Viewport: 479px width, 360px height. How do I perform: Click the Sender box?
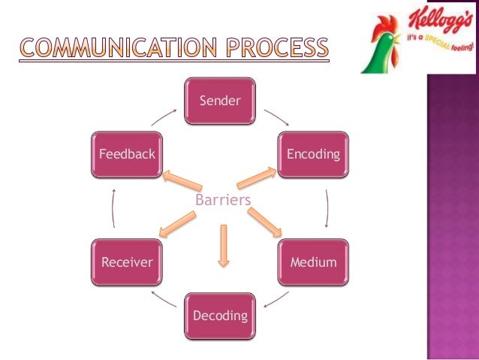[x=219, y=100]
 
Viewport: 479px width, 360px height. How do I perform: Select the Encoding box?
[x=313, y=155]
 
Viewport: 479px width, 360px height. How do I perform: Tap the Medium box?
[x=313, y=262]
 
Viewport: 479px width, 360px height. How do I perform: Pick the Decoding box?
[x=219, y=316]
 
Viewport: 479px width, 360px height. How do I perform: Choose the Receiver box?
[x=126, y=262]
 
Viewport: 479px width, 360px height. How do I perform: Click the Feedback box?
[x=126, y=155]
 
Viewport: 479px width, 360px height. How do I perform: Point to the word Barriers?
[x=222, y=200]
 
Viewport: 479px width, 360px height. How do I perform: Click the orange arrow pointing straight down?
[x=223, y=245]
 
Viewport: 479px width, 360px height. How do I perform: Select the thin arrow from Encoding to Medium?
[x=327, y=208]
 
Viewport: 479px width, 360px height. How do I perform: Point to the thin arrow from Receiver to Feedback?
[x=113, y=208]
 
